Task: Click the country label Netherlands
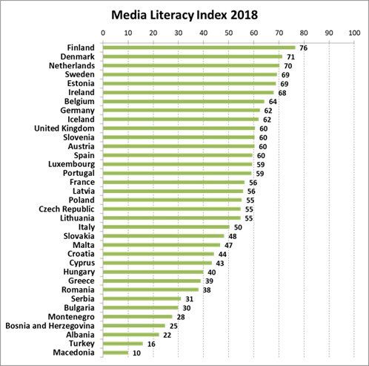[x=68, y=65]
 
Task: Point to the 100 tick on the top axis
[x=355, y=33]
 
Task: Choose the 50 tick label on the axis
[x=229, y=33]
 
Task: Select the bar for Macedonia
[x=115, y=353]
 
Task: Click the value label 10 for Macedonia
[x=137, y=353]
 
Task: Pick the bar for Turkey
[x=122, y=344]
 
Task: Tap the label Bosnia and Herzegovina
[x=50, y=325]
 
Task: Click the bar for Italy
[x=165, y=227]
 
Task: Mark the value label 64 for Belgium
[x=273, y=102]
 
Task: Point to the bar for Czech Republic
[x=171, y=209]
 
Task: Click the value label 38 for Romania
[x=207, y=290]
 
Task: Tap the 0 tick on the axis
[x=102, y=33]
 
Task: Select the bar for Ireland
[x=188, y=93]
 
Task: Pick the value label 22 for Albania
[x=167, y=335]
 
